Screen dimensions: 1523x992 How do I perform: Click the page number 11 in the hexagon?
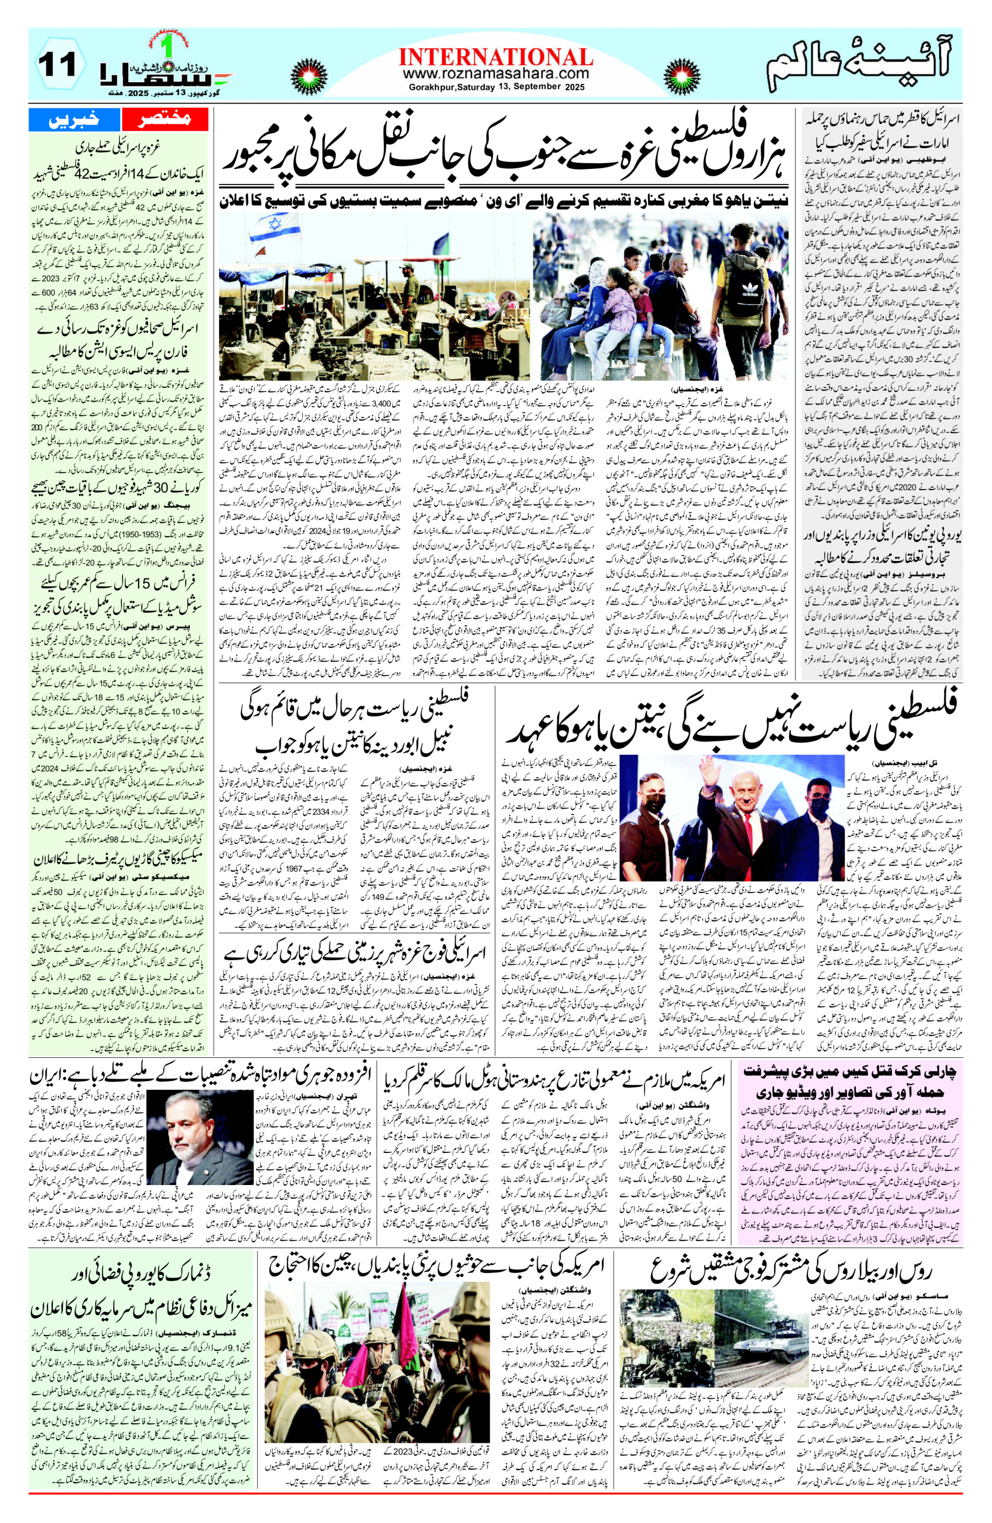(57, 65)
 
